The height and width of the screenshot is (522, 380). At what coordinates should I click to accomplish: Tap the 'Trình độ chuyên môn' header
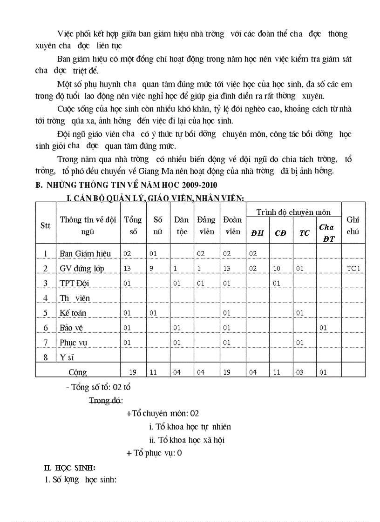(293, 212)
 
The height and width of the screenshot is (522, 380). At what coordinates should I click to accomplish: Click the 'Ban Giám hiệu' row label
(85, 253)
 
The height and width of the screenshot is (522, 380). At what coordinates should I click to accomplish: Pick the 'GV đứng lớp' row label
(82, 268)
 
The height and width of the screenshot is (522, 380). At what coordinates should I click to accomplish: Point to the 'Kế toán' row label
(73, 313)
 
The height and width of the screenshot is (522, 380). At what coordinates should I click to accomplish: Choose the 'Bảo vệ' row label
(71, 328)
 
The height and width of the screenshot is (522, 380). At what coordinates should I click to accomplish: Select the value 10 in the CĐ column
(276, 268)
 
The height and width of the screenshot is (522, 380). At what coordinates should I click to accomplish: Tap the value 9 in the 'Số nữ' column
(153, 268)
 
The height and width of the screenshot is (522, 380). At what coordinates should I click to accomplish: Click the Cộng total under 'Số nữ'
(153, 372)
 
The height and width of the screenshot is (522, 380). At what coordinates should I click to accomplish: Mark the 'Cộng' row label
(78, 372)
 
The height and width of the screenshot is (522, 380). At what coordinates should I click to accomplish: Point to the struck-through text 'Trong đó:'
(106, 400)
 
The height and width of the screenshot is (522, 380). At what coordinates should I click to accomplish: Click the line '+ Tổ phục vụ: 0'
(154, 453)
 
